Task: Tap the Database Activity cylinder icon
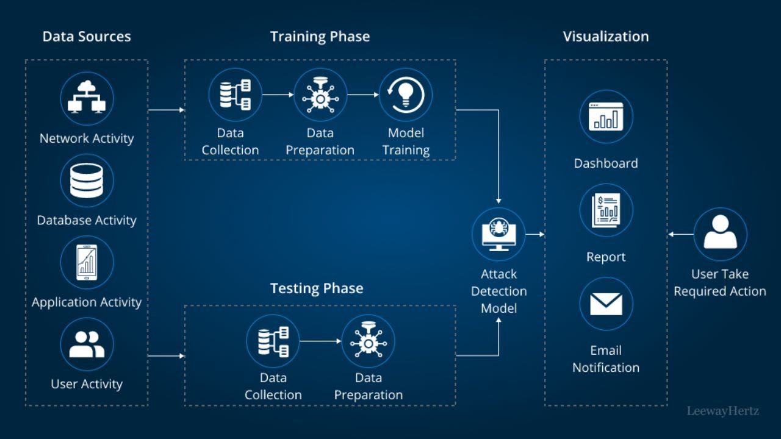87,180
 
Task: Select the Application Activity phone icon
87,262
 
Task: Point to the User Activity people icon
87,344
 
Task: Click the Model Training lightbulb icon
406,95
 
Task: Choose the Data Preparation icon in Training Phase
320,95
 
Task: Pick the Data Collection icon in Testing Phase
273,341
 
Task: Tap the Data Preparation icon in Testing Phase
368,341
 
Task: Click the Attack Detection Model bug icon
498,234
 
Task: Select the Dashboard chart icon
606,116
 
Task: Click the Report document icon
606,210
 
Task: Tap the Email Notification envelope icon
606,304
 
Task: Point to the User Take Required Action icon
720,234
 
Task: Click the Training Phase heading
320,37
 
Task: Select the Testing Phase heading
317,288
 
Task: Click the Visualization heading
606,37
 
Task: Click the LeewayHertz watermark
723,411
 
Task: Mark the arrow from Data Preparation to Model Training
363,95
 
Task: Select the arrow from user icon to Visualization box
681,234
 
